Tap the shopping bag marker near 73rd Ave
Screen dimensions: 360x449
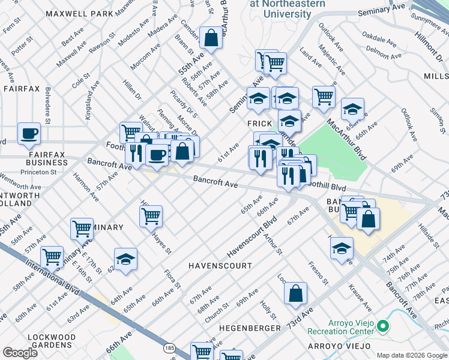[x=295, y=293]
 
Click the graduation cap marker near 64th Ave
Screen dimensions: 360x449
[x=125, y=259]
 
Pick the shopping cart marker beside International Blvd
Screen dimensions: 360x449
[x=52, y=257]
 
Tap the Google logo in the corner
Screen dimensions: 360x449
[x=20, y=352]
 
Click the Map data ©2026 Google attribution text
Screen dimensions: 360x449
[x=411, y=355]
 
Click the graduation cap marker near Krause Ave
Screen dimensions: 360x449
[x=342, y=248]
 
